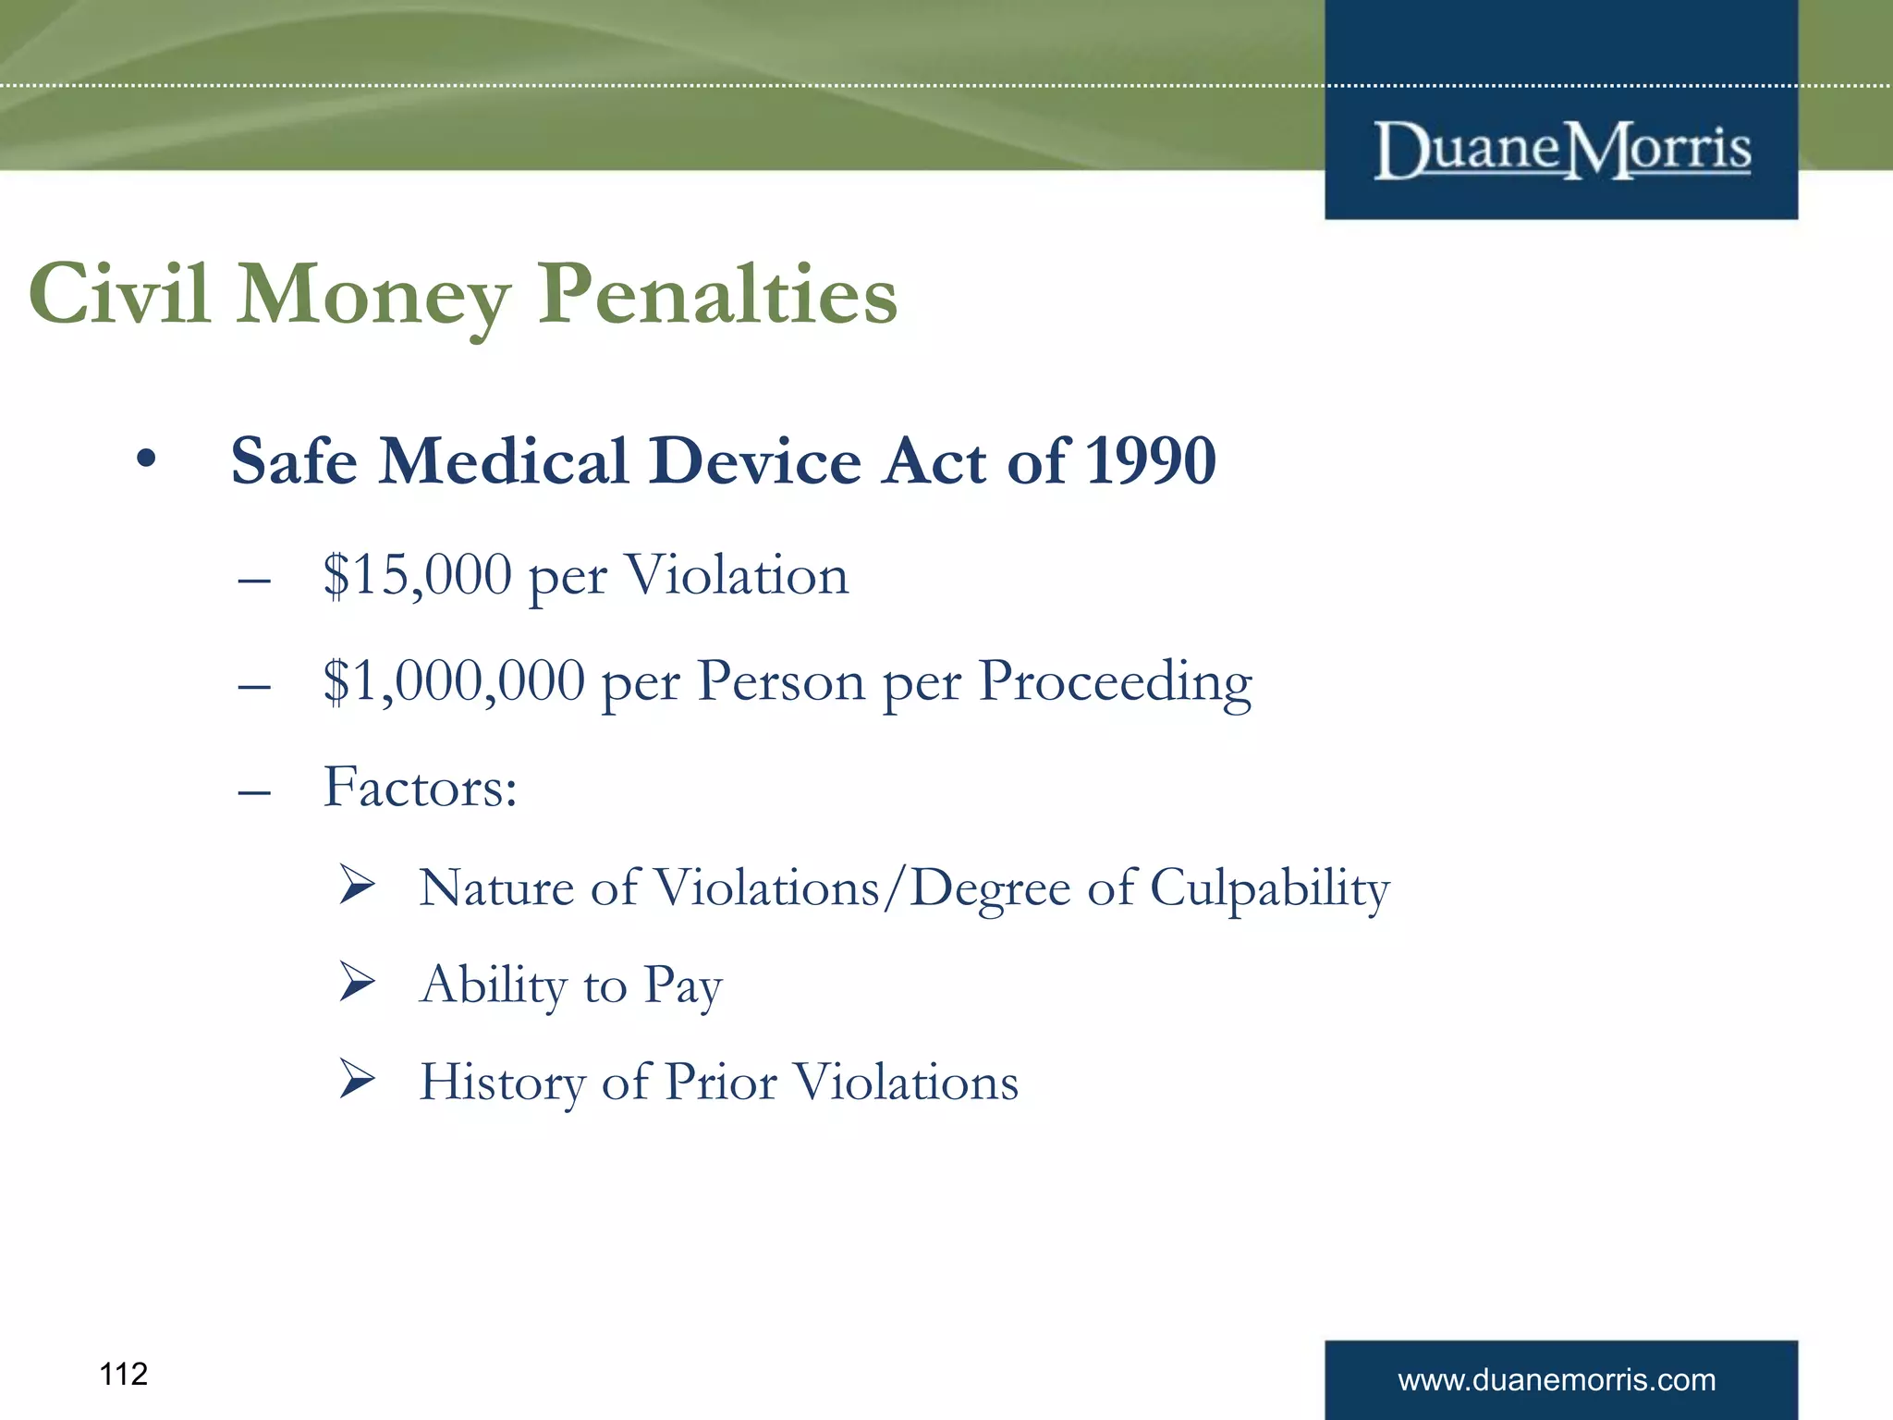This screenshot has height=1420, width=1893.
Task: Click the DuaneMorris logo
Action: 1561,151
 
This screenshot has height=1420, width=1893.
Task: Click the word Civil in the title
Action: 119,294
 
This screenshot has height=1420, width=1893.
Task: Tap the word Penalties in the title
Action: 717,294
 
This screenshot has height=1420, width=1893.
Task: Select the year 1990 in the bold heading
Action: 1150,460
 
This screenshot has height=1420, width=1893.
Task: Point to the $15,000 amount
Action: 417,575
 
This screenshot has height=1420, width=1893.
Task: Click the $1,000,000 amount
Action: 454,681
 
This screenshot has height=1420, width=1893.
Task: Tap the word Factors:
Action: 420,788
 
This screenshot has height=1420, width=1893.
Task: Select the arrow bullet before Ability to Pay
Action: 356,981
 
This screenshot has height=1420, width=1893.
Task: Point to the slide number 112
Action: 123,1375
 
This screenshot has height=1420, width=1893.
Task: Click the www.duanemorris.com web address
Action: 1557,1380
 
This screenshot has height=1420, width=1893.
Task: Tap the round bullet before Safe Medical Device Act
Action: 145,459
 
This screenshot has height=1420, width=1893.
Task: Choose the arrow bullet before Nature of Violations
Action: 356,884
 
